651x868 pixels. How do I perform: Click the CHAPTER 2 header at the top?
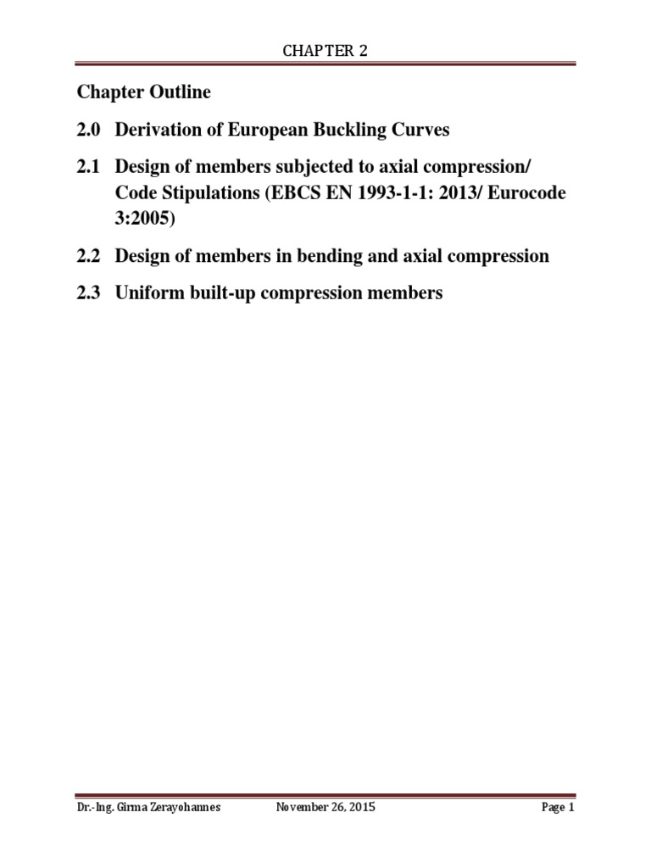325,52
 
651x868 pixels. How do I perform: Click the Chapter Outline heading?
144,92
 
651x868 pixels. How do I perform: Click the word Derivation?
159,130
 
